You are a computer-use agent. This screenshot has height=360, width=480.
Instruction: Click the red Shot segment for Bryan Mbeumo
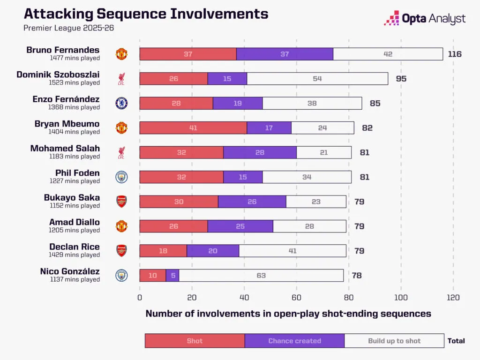click(x=193, y=127)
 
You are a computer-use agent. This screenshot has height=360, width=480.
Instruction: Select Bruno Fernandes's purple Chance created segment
click(x=285, y=54)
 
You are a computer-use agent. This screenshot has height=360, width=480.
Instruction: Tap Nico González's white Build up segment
click(x=261, y=275)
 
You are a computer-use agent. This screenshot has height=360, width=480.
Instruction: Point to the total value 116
click(x=454, y=54)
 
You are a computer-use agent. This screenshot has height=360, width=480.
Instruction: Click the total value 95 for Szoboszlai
click(x=401, y=78)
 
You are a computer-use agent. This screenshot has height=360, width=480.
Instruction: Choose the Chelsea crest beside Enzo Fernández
click(x=121, y=103)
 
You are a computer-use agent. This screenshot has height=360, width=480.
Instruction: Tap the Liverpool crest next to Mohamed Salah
click(x=121, y=152)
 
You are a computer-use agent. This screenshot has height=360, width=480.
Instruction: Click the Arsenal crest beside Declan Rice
click(x=121, y=251)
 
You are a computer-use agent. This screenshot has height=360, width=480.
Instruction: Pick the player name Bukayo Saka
click(x=72, y=198)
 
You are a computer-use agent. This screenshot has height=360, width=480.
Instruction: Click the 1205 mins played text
click(x=74, y=230)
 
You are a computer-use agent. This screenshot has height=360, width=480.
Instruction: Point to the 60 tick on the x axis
click(x=296, y=297)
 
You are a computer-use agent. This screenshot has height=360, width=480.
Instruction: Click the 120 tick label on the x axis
click(x=453, y=297)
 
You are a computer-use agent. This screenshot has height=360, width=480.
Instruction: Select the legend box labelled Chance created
click(x=294, y=341)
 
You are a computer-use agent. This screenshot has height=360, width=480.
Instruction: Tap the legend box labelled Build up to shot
click(x=394, y=341)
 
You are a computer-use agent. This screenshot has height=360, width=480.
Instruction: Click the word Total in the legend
click(x=456, y=341)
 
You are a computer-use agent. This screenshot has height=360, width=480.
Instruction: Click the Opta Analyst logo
click(x=425, y=19)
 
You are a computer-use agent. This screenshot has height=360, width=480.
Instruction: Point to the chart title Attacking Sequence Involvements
click(x=146, y=13)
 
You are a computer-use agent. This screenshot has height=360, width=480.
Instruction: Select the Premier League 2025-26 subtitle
click(x=68, y=28)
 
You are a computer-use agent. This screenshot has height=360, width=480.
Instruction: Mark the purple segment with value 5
click(x=172, y=275)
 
